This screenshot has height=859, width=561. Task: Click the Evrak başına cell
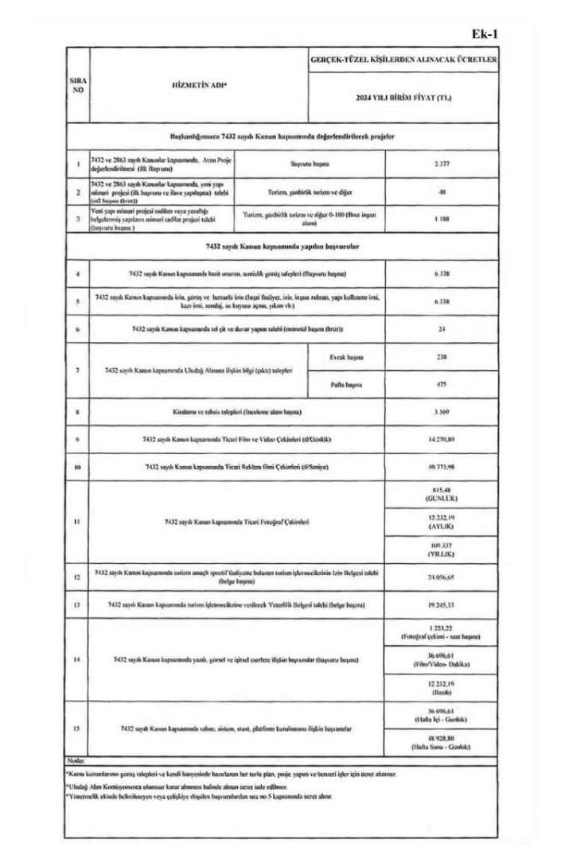coord(345,358)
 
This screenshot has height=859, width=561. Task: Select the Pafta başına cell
coord(345,386)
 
